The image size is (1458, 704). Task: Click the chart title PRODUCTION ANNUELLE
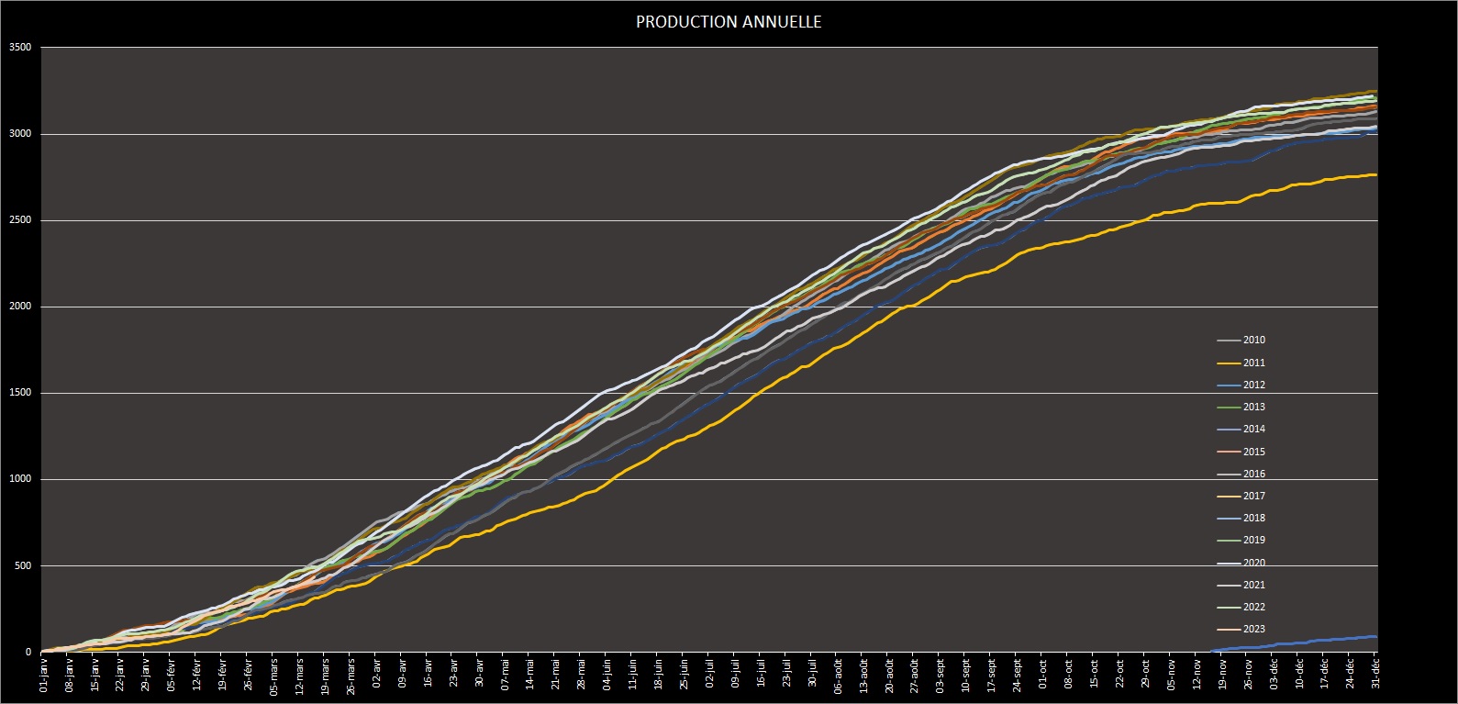click(729, 22)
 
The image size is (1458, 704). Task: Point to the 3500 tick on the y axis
click(19, 48)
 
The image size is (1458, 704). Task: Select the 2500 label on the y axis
click(19, 220)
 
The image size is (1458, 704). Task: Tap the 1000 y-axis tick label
click(19, 479)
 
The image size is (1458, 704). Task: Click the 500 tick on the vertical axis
click(22, 565)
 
